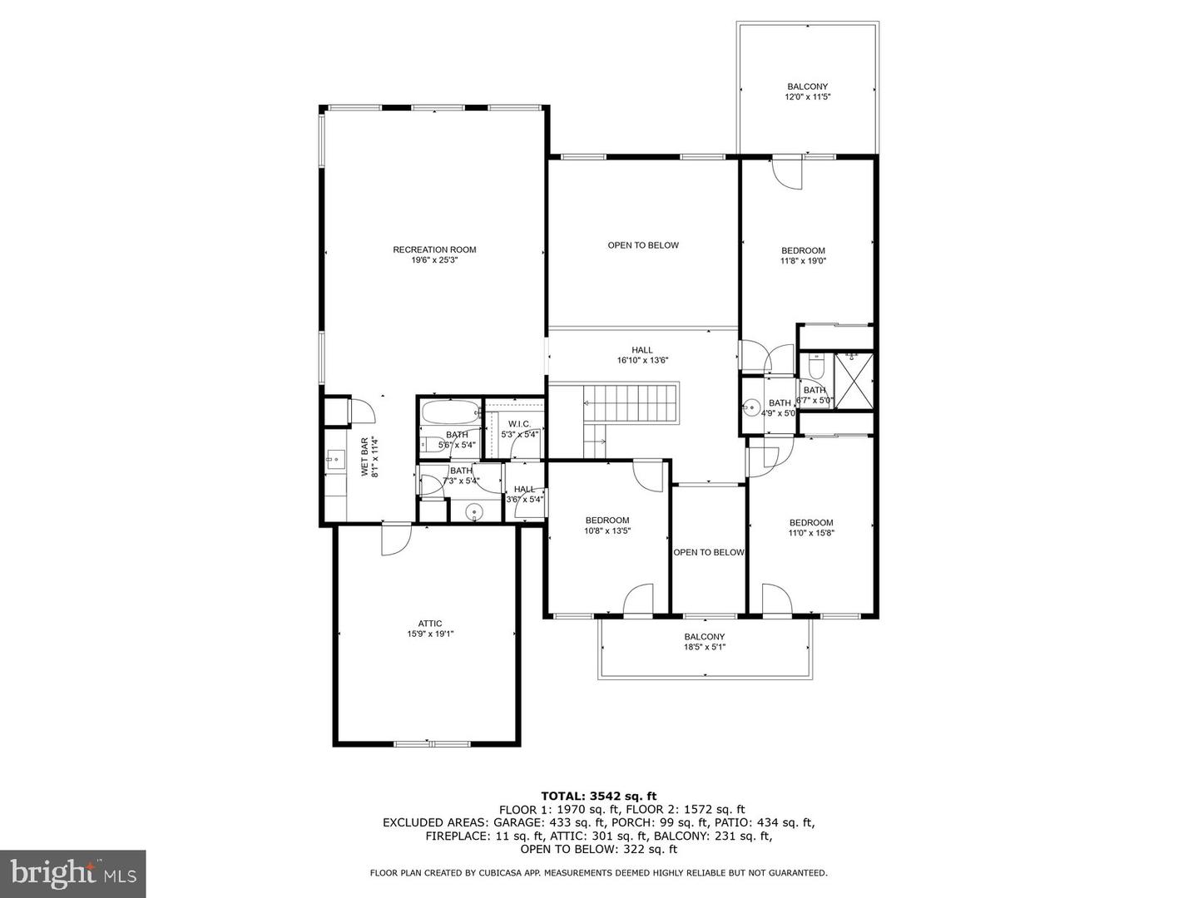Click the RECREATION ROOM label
(x=434, y=249)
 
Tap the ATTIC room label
(x=430, y=624)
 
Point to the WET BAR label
(x=364, y=456)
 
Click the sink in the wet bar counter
(x=336, y=456)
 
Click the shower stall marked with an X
(x=854, y=382)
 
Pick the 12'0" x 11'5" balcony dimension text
(x=808, y=97)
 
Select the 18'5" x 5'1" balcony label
(x=705, y=648)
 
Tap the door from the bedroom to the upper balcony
(x=787, y=172)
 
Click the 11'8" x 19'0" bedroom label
(x=803, y=261)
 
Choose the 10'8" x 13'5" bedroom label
(x=607, y=530)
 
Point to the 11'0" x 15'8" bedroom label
(x=811, y=533)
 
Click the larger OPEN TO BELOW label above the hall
(x=643, y=245)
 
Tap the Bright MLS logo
(x=73, y=873)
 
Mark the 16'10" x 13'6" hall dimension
(x=642, y=361)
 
